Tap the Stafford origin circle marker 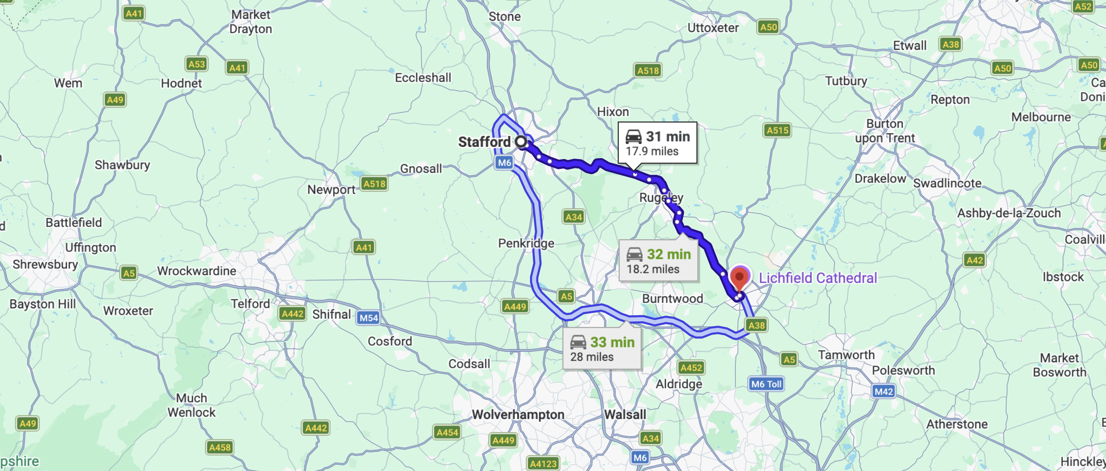point(521,141)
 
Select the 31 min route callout point(657,143)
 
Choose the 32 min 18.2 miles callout point(659,261)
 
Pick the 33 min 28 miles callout point(602,349)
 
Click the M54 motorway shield point(369,318)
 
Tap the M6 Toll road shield point(766,384)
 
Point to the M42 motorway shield point(884,391)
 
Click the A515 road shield point(777,130)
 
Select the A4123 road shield point(543,463)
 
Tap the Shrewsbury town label point(45,264)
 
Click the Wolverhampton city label point(518,414)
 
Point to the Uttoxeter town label point(712,28)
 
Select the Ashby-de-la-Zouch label point(1008,213)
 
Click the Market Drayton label point(250,22)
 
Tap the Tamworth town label point(846,355)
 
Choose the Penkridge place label point(526,243)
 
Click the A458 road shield point(220,447)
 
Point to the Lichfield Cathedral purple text point(818,278)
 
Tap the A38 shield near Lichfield point(756,325)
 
